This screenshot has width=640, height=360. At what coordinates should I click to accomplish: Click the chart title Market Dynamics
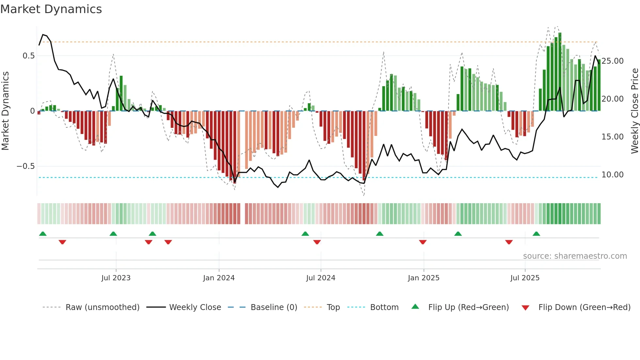point(51,9)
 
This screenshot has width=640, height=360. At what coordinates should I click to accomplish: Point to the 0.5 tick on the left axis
point(28,56)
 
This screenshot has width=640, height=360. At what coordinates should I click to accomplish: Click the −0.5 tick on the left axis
point(25,166)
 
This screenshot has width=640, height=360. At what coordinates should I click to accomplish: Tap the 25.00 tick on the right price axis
point(612,61)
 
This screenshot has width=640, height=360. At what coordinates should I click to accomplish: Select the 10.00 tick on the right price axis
point(612,175)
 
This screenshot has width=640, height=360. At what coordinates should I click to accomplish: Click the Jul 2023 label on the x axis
point(116,278)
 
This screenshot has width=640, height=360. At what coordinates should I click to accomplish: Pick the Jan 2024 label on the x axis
point(219,278)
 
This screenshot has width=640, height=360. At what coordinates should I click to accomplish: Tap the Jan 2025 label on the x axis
point(424,278)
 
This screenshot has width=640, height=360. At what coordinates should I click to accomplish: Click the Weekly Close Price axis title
point(634,111)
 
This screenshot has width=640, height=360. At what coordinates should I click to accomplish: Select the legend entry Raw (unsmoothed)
point(102,307)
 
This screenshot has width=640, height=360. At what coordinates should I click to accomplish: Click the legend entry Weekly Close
point(195,307)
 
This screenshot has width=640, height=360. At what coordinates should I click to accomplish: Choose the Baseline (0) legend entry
point(274,307)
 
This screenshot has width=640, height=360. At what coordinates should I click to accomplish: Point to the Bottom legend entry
point(384,307)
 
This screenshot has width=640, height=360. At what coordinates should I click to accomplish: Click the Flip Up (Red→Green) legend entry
point(468,307)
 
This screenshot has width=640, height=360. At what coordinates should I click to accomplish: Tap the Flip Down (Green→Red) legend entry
point(584,307)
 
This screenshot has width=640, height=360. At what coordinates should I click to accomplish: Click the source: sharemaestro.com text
point(575,256)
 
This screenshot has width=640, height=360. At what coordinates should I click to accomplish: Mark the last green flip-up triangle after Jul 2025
point(536,234)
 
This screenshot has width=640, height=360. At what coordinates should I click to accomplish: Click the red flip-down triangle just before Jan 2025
point(423,242)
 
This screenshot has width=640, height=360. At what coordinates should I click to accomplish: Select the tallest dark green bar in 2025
point(560,72)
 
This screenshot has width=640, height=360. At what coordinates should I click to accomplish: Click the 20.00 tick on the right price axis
point(612,99)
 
